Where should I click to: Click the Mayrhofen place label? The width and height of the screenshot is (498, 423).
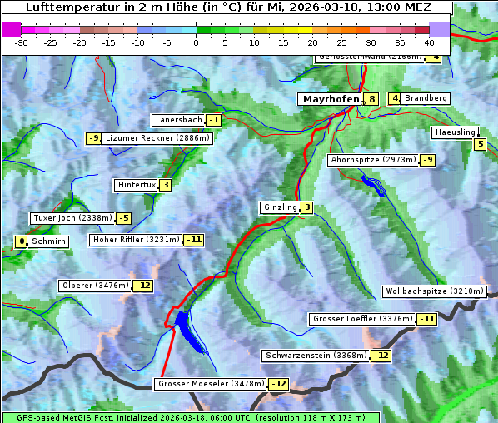[x=331, y=99]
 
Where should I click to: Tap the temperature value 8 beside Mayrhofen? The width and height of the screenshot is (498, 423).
[x=371, y=99]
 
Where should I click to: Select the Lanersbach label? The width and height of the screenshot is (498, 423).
[x=178, y=120]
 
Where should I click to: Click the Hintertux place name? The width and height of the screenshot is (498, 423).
[x=137, y=185]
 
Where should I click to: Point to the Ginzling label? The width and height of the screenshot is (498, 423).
[x=280, y=207]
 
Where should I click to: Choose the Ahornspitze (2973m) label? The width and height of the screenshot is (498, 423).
[x=373, y=159]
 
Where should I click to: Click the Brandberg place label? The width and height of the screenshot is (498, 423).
[x=426, y=98]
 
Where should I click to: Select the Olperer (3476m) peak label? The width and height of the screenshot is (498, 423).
[x=95, y=286]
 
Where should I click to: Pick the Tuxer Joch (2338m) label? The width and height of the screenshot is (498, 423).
[x=72, y=218]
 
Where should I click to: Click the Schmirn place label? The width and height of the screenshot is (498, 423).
[x=49, y=241]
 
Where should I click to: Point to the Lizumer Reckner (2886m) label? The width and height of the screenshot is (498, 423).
[x=157, y=138]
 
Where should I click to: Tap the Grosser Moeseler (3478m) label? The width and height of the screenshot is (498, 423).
[x=211, y=384]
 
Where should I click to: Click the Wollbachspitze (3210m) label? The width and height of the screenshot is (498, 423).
[x=433, y=291]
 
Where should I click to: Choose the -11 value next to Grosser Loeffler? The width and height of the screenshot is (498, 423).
[x=426, y=319]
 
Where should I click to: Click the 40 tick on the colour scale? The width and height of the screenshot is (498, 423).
[x=429, y=42]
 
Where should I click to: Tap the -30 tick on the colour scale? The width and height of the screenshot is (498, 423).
[x=22, y=42]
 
